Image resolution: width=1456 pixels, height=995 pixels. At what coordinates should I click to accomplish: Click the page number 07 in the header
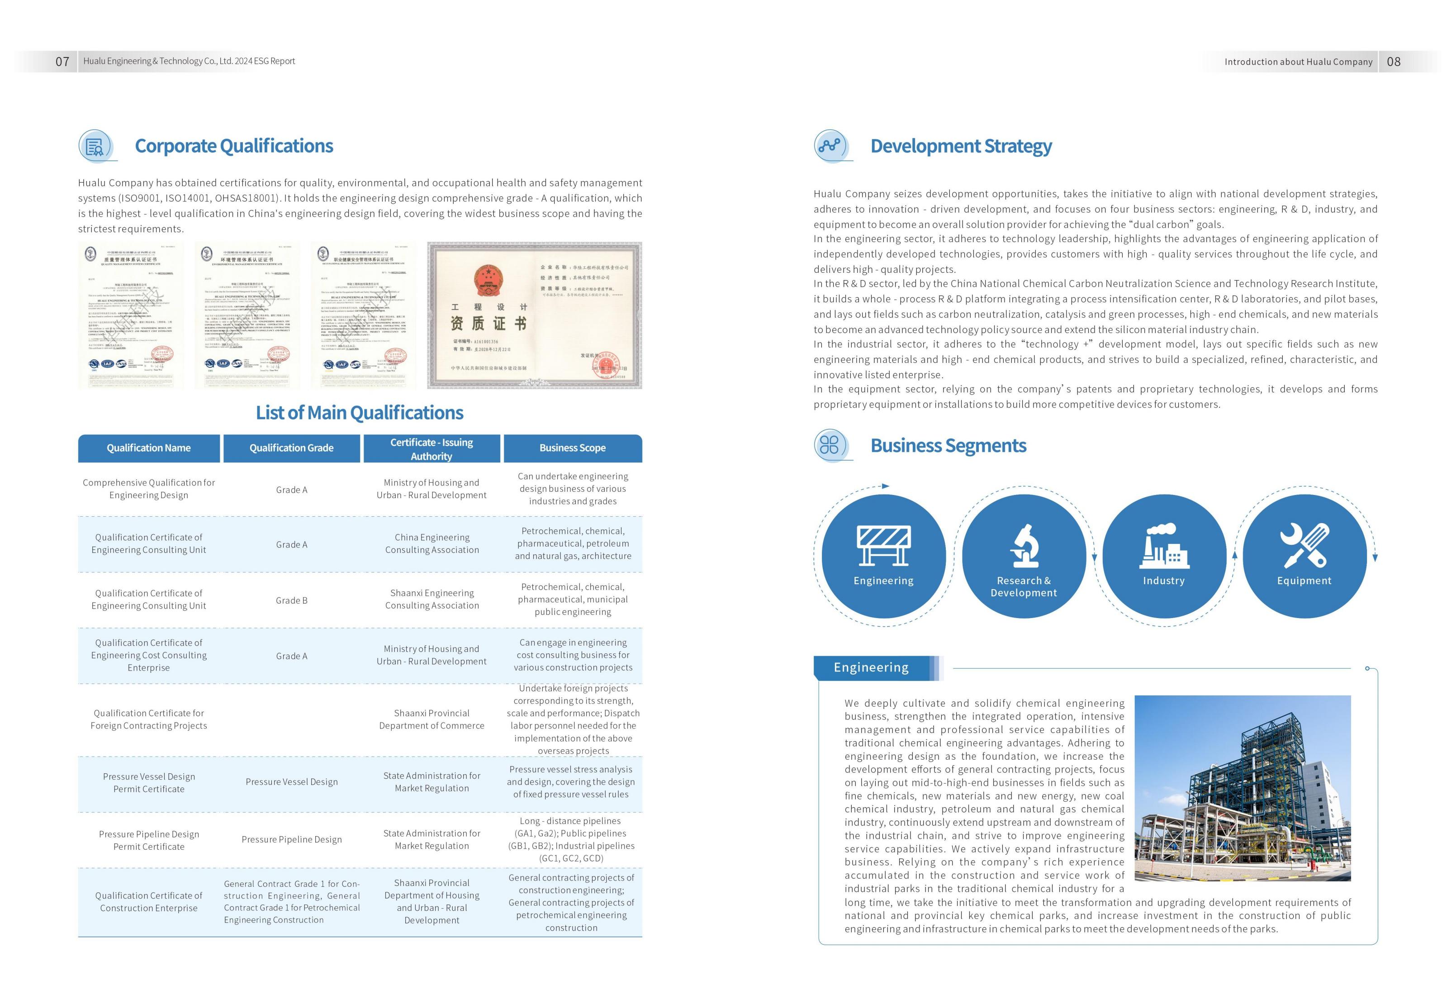[x=62, y=62]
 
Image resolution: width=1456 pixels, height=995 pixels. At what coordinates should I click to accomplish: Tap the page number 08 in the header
[x=1393, y=62]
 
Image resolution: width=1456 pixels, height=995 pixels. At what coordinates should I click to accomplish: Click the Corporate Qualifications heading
[x=234, y=146]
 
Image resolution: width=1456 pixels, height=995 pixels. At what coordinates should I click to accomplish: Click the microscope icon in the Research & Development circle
[x=1024, y=545]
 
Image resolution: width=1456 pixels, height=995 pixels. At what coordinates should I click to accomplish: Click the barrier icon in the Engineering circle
[x=883, y=545]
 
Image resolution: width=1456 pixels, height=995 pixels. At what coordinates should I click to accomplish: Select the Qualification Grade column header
[x=291, y=448]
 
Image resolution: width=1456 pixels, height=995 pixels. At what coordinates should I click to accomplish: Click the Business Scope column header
[x=573, y=448]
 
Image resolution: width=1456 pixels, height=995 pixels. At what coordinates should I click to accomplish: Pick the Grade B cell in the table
[x=291, y=600]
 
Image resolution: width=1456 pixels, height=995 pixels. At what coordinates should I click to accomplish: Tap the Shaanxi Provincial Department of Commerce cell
[x=432, y=719]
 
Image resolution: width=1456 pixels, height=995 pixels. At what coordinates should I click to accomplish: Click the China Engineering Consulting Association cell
[x=432, y=544]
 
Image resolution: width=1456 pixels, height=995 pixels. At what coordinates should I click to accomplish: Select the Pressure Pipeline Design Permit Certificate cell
[x=149, y=840]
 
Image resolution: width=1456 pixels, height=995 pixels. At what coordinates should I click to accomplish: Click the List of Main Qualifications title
[x=360, y=413]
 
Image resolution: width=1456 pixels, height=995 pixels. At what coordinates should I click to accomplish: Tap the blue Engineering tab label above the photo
[x=871, y=668]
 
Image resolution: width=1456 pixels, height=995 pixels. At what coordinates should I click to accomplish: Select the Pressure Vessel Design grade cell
[x=291, y=782]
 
